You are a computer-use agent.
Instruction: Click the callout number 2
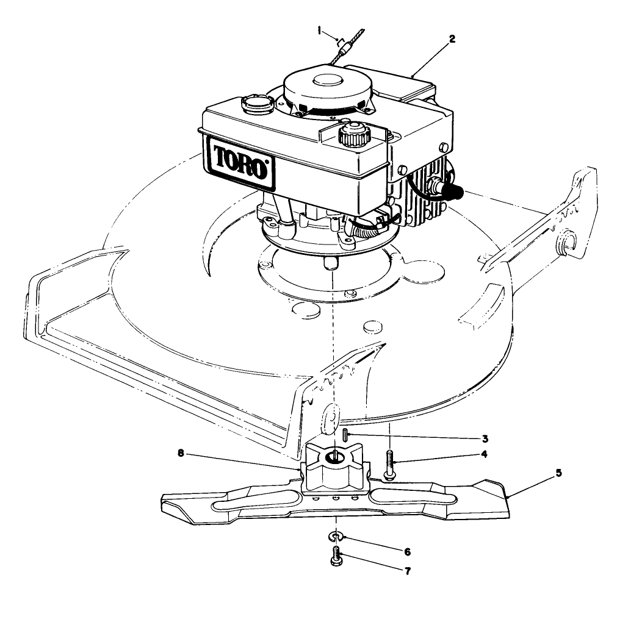(451, 38)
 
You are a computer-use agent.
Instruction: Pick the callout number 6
(407, 551)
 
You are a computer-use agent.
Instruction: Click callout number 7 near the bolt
(407, 571)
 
